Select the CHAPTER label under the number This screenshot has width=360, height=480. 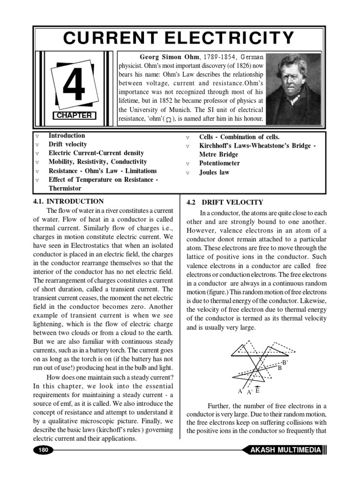click(x=75, y=115)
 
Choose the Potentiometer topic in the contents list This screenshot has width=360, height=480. click(x=219, y=163)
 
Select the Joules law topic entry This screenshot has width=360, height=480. click(x=214, y=172)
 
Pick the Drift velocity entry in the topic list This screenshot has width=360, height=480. click(x=67, y=144)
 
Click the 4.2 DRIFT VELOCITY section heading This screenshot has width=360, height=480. click(x=225, y=202)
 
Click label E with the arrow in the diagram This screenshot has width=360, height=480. click(x=258, y=390)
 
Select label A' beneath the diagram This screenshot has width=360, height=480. click(x=249, y=392)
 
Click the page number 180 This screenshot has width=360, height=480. click(x=43, y=450)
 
